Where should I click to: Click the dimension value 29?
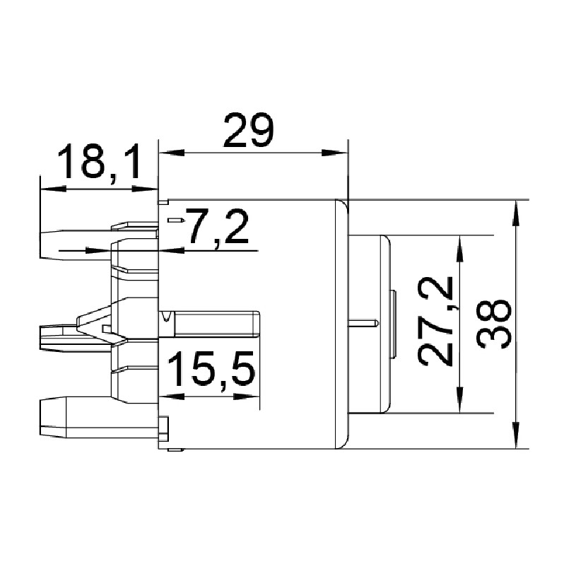click(248, 130)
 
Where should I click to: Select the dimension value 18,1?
click(99, 162)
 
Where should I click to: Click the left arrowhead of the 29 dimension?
click(172, 153)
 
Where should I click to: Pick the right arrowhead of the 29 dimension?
click(334, 153)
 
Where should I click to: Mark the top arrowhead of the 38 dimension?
click(516, 213)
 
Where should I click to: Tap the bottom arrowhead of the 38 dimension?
click(516, 435)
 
